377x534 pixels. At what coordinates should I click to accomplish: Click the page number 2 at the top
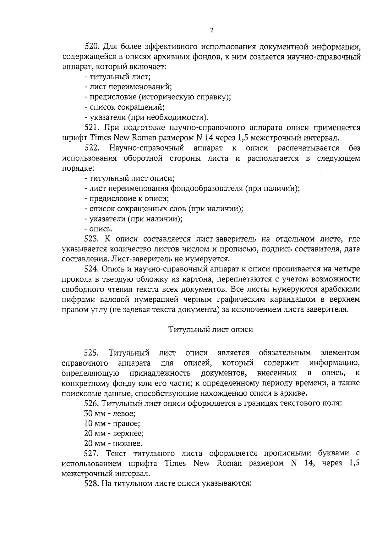[x=211, y=31]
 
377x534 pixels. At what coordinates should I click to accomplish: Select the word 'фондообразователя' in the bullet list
[x=207, y=189]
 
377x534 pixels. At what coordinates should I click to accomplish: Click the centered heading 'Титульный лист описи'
[x=211, y=330]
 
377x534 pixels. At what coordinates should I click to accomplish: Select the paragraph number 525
[x=92, y=353]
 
